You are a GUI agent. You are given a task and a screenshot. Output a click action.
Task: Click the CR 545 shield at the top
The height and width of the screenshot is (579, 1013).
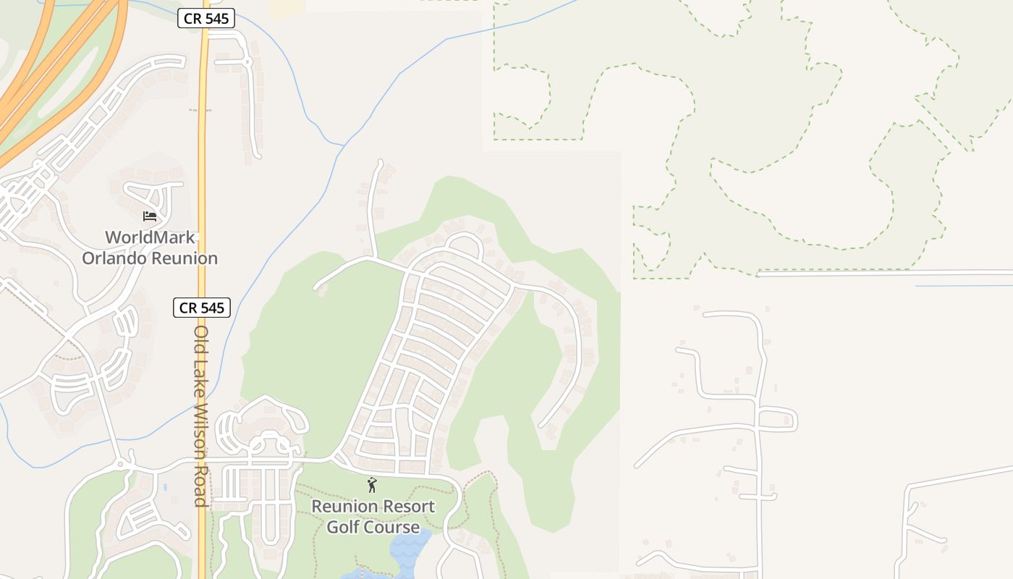[x=206, y=19]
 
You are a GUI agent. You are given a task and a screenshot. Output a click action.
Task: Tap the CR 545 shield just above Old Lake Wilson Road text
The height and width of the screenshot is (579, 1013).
[x=202, y=308]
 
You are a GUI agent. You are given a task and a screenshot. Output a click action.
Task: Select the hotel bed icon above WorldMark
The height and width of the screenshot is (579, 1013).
[x=150, y=216]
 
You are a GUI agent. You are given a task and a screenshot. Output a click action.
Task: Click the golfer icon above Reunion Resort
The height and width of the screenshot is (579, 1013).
[x=372, y=485]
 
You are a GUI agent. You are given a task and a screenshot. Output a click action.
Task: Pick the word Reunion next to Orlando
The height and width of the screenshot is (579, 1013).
[x=185, y=258]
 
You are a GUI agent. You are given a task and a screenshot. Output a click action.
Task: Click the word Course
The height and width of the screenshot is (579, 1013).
[x=394, y=527]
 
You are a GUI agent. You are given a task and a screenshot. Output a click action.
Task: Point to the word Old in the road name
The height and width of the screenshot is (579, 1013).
[x=201, y=339]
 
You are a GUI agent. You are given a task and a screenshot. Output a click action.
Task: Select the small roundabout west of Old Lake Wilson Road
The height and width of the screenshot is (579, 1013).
[x=120, y=463]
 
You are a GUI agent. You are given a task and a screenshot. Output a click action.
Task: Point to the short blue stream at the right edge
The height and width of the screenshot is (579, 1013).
[x=962, y=286]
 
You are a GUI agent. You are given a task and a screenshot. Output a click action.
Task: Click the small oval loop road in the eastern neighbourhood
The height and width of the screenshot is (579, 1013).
[x=778, y=419]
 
